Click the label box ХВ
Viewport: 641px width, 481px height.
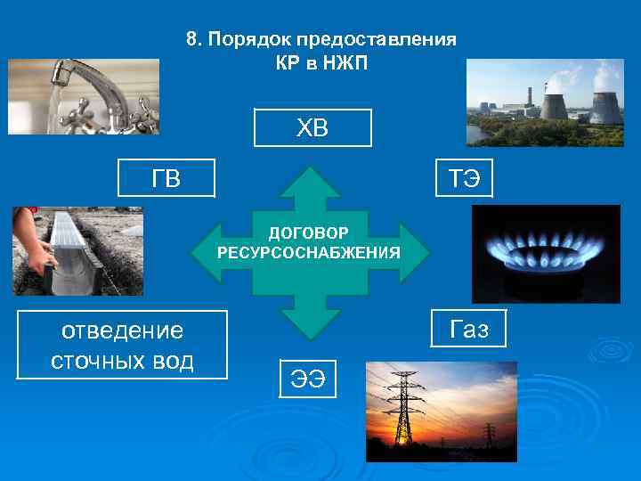pos(312,127)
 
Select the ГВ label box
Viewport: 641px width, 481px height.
pos(167,177)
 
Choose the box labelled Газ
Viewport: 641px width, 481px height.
pos(469,329)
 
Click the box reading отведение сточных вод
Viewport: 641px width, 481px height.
pos(123,346)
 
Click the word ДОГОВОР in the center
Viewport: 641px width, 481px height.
pos(308,234)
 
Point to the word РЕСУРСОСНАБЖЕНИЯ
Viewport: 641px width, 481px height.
pos(308,252)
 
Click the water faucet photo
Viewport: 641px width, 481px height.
pos(84,96)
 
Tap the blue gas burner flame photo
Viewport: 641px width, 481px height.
pos(546,254)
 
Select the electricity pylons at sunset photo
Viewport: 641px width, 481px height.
pos(442,411)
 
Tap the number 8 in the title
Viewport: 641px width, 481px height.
pos(191,40)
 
